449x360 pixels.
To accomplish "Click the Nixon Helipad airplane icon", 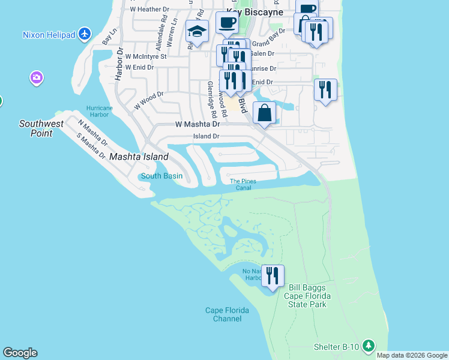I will coord(85,34).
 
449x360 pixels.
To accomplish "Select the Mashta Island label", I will coord(139,157).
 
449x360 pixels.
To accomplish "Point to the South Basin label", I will coord(161,176).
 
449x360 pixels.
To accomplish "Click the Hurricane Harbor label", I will coord(99,112).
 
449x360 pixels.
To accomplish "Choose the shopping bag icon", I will coord(264,112).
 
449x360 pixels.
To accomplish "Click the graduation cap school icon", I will coord(197,31).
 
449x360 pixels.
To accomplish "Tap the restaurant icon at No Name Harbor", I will coord(273,275).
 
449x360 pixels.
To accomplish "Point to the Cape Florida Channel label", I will coord(227,314).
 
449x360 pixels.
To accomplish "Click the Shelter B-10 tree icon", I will coord(369,346).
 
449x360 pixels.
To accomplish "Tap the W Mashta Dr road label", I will coord(197,124).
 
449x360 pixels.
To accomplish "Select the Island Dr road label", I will coord(206,136).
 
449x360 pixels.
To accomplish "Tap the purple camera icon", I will coord(37,77).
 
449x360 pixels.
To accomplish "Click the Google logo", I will coord(20,353).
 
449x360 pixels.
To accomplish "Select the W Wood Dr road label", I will coord(149,100).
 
